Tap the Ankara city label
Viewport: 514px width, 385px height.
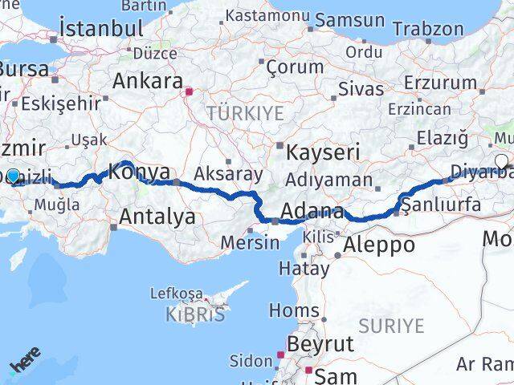coord(147,80)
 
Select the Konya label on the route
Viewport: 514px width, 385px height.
coord(139,172)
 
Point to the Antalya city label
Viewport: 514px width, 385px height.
coord(157,216)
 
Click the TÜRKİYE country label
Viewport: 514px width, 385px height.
coord(245,113)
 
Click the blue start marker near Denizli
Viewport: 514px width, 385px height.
coord(13,176)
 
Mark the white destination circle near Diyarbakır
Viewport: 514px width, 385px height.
coord(502,161)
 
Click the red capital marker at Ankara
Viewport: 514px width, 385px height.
coord(189,91)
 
